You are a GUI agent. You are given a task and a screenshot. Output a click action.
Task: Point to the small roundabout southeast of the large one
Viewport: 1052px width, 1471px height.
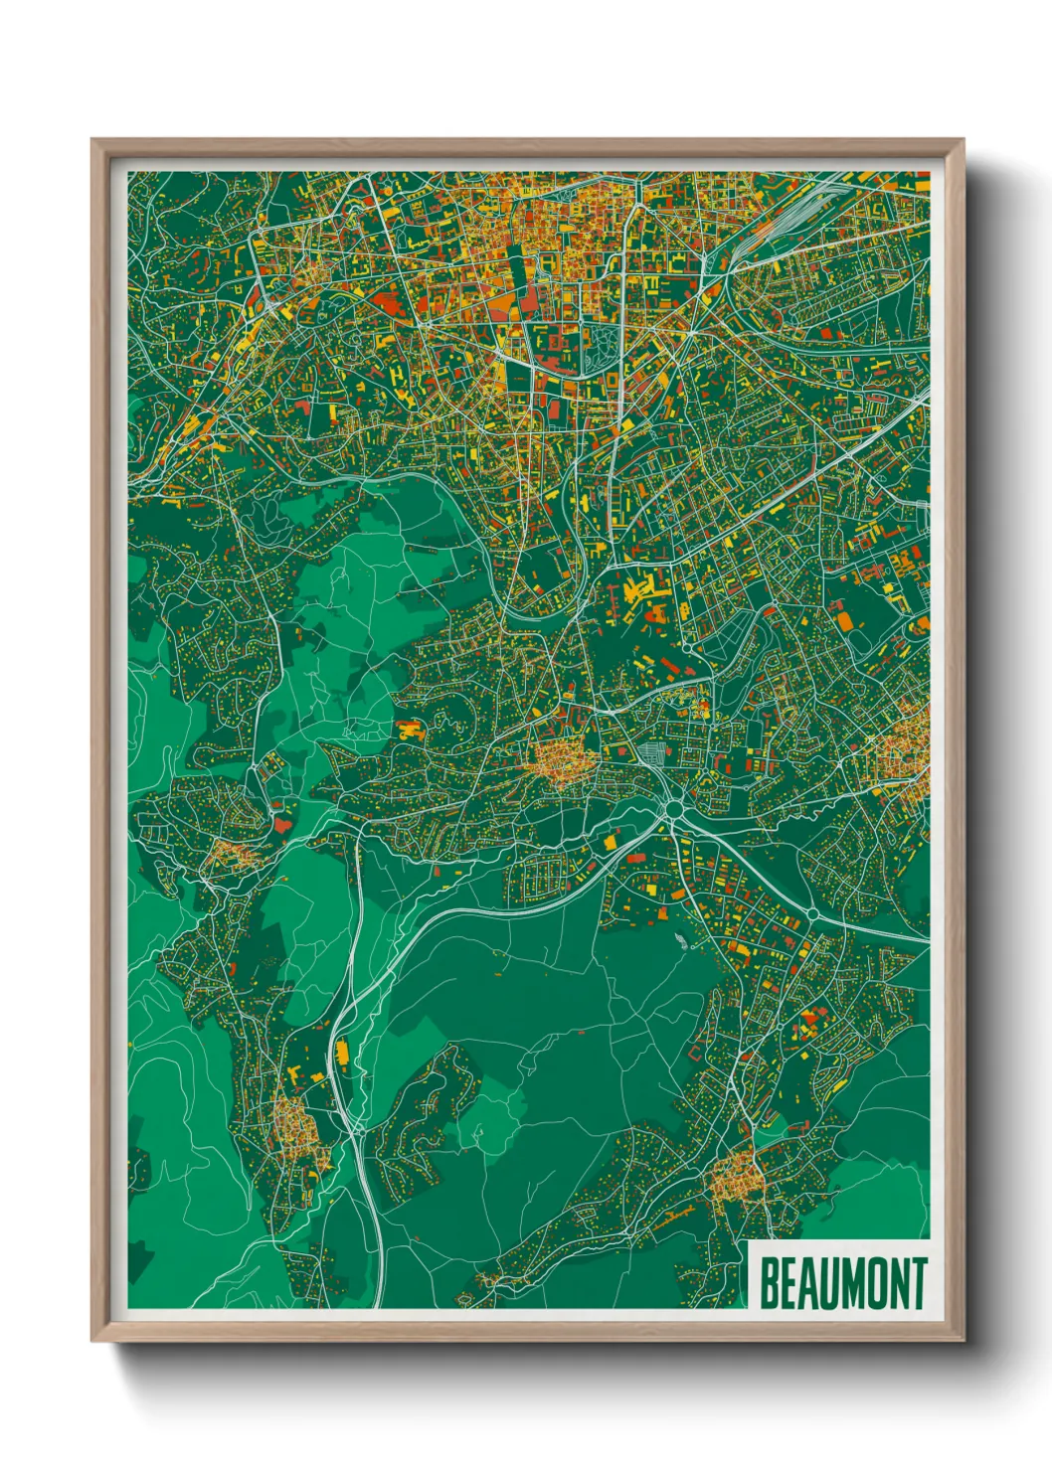tap(811, 912)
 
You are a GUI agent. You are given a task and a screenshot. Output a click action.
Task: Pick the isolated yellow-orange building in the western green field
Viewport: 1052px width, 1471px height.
tap(410, 732)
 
